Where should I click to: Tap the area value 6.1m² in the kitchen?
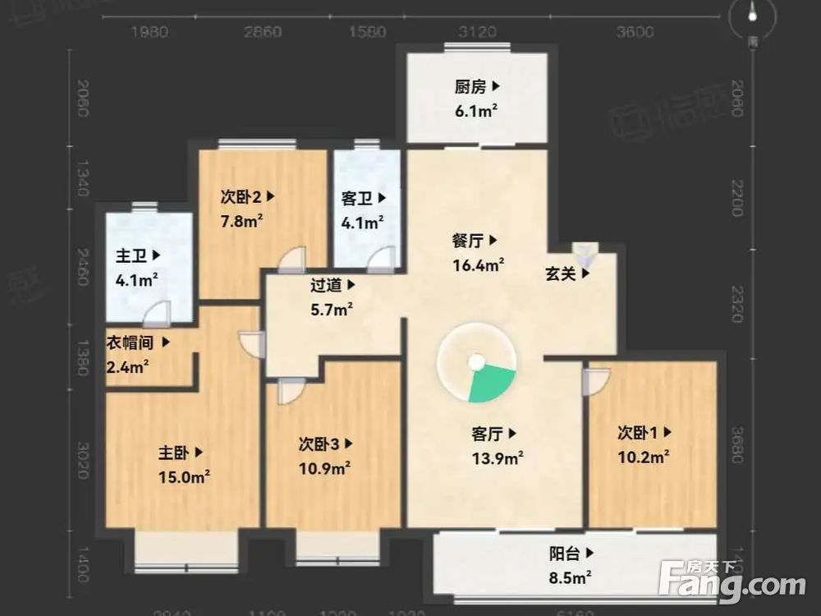[477, 109]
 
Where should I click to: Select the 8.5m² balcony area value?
[571, 578]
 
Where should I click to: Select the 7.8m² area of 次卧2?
[241, 220]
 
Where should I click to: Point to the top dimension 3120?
[478, 32]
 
